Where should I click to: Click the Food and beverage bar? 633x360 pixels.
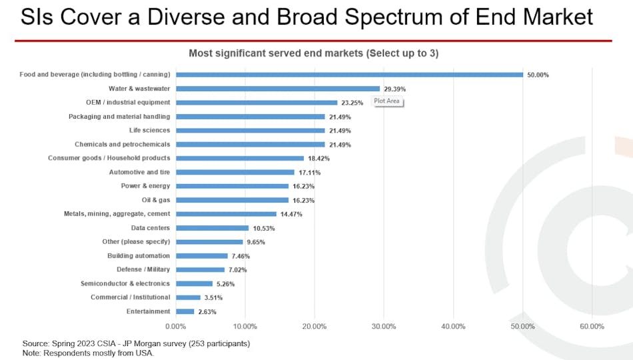(x=349, y=75)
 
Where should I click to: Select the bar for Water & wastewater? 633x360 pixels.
(x=278, y=89)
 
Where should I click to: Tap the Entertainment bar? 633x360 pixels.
(x=185, y=311)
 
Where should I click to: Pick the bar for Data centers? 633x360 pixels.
(x=212, y=228)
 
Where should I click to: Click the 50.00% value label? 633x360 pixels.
(x=538, y=75)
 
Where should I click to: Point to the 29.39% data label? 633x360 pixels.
(x=394, y=89)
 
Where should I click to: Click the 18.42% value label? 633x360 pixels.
(x=318, y=159)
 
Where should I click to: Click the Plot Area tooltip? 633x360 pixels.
(x=387, y=101)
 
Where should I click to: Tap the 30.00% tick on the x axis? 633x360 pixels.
(x=384, y=326)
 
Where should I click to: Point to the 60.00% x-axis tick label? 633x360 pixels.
(x=592, y=326)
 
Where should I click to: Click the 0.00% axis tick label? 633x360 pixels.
(x=175, y=326)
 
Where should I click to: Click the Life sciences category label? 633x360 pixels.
(x=149, y=130)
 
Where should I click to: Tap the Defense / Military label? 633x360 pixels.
(x=143, y=269)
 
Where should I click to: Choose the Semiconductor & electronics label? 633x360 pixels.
(x=125, y=283)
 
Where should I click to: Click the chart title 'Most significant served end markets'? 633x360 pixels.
(x=313, y=53)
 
